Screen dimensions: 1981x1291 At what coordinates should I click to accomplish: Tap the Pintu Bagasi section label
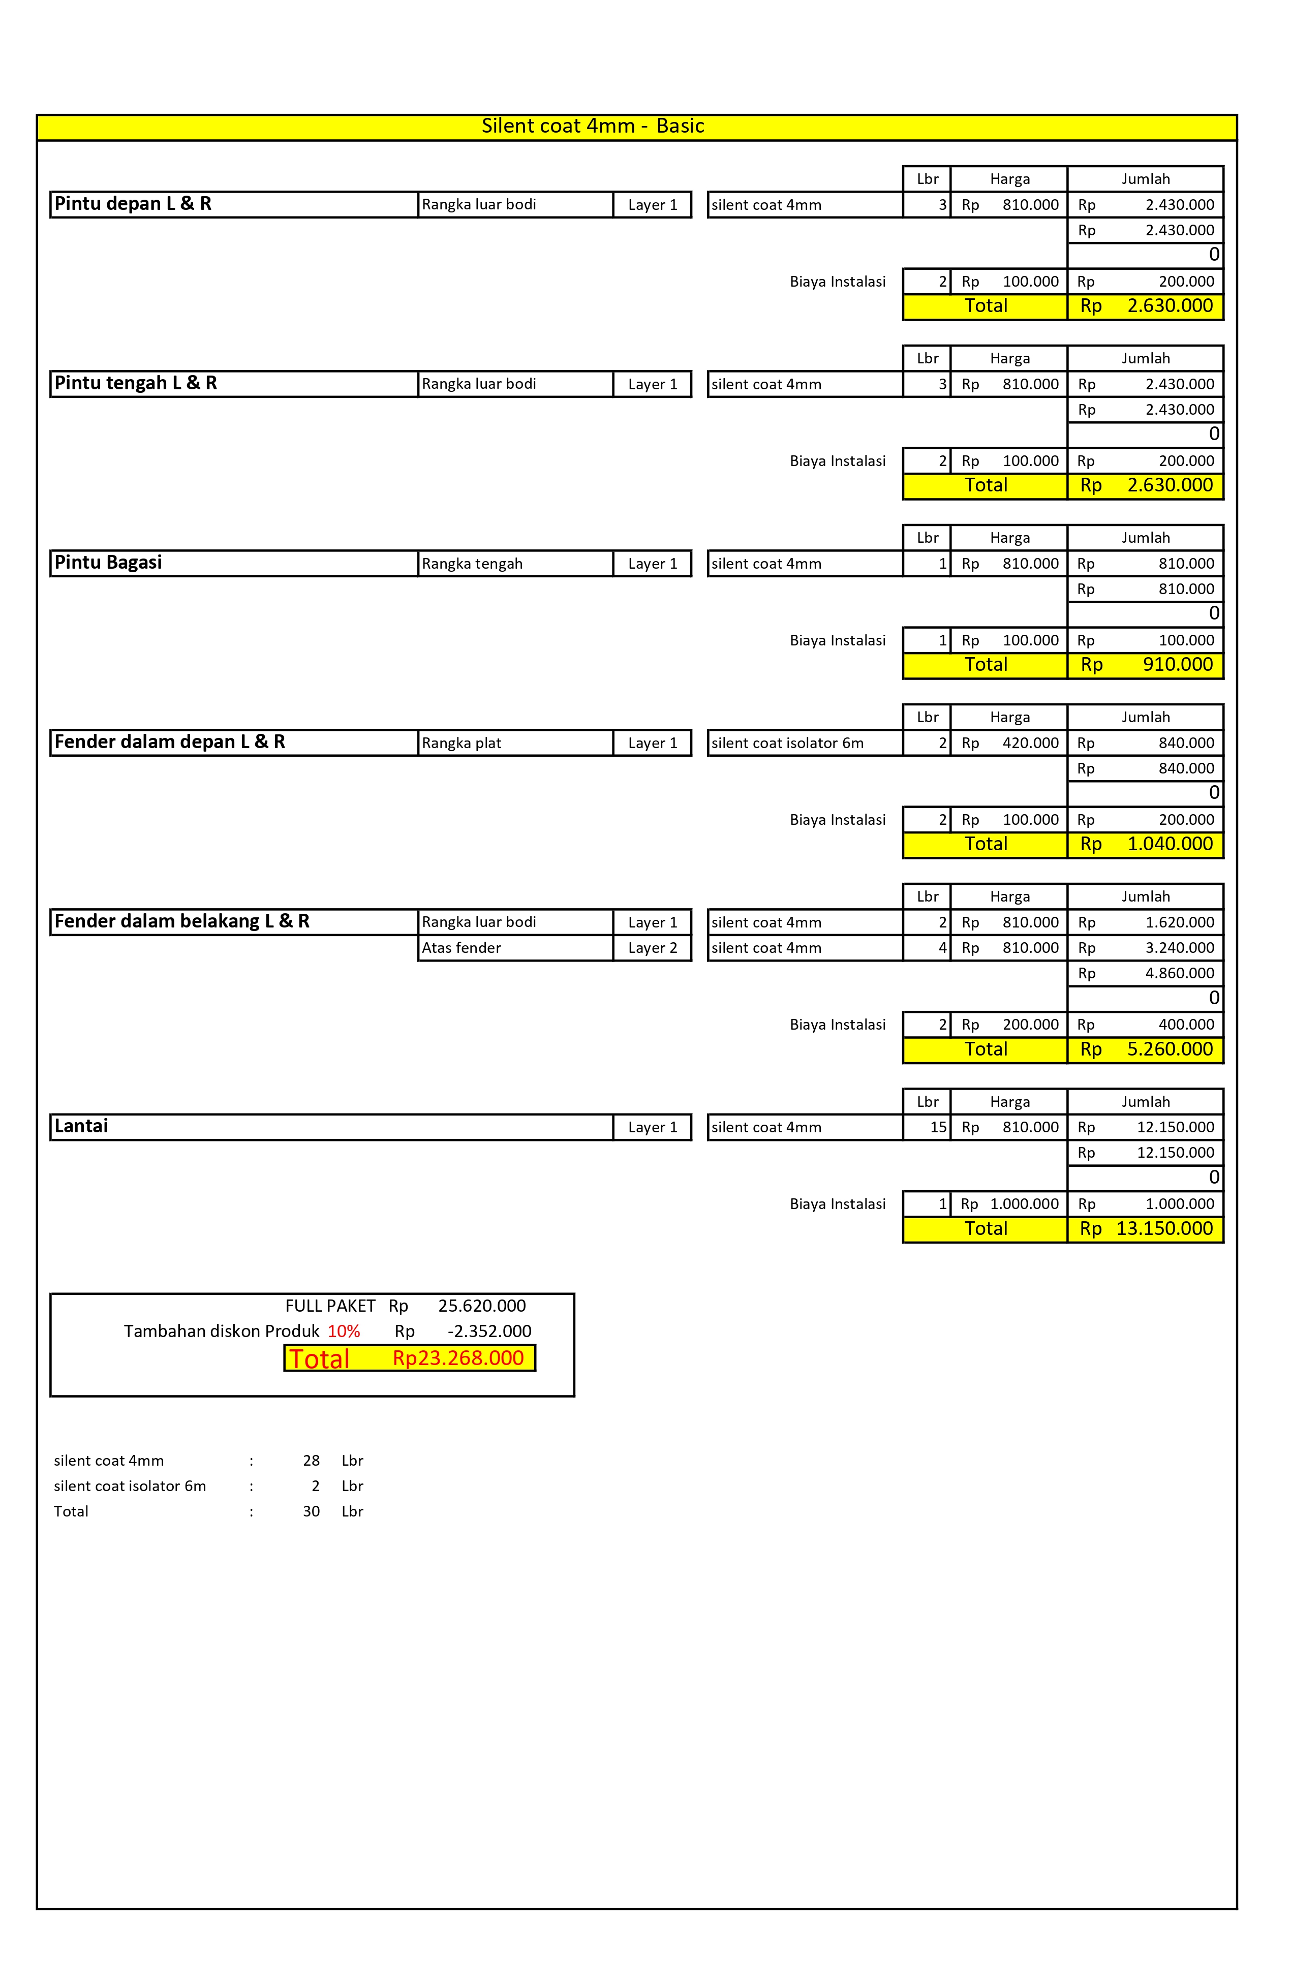click(108, 563)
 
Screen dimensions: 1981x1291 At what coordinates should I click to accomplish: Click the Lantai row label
click(81, 1126)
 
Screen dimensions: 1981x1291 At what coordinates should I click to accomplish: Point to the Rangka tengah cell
click(472, 564)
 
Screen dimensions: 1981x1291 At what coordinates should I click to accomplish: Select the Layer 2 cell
click(653, 948)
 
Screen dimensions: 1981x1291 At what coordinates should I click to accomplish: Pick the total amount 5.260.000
click(1170, 1049)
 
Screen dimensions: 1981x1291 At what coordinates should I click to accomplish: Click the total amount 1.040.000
click(1170, 844)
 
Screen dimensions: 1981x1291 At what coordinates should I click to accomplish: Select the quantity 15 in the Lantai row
click(938, 1127)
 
